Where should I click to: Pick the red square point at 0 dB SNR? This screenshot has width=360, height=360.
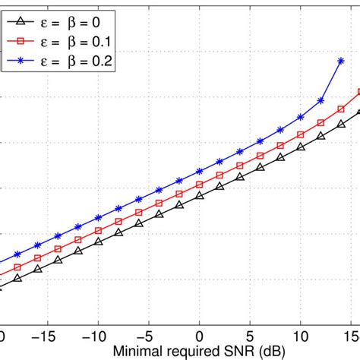200,184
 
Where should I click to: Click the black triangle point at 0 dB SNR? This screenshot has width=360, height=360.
200,196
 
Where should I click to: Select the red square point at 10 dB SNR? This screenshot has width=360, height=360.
302,131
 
